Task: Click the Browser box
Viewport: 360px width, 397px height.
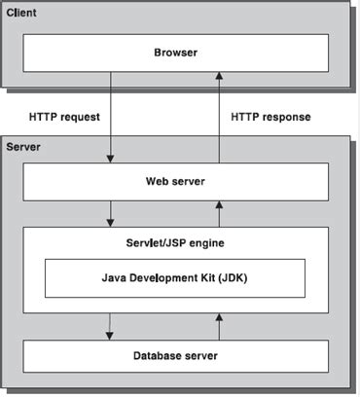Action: click(x=177, y=52)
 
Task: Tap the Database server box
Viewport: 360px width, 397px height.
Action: click(x=177, y=356)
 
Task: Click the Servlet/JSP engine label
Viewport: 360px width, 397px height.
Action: click(x=177, y=240)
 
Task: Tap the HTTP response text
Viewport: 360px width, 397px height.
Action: click(x=271, y=117)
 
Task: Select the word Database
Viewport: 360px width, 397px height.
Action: click(x=158, y=356)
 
